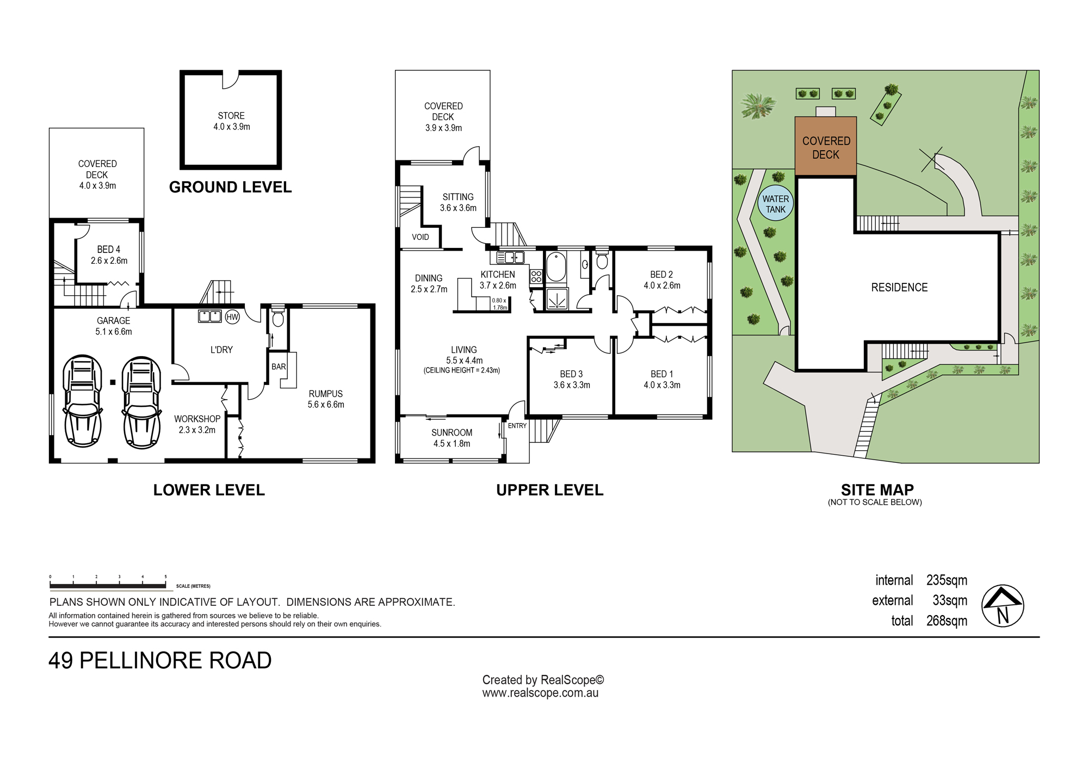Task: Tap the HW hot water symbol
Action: pos(232,317)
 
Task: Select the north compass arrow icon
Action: pos(1003,606)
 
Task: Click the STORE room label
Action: pos(231,116)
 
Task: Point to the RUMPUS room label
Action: pos(326,394)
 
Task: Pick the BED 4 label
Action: pos(109,250)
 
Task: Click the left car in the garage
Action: pos(83,401)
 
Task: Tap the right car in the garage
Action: pos(141,402)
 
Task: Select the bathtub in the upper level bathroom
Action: pos(557,266)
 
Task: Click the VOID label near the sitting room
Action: pos(421,237)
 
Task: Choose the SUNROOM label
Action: pos(452,433)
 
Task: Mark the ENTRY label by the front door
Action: pos(517,426)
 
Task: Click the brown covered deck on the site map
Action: pos(826,146)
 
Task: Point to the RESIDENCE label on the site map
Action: pos(899,288)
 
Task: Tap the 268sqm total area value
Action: pos(947,621)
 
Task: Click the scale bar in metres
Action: pos(108,586)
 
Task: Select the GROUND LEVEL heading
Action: pos(230,187)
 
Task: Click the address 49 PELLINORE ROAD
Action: pos(160,661)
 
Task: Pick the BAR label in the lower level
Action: pos(279,367)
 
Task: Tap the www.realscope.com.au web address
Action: pos(540,693)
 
